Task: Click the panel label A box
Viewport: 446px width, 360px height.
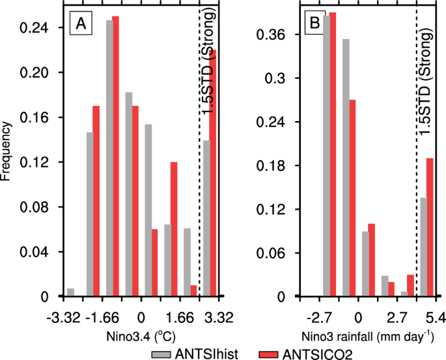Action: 81,24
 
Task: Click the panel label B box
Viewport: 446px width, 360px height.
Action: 314,24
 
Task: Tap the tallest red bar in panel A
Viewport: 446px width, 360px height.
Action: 115,156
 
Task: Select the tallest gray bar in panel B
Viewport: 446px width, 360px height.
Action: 327,156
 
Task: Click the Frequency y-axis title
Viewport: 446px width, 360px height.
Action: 8,150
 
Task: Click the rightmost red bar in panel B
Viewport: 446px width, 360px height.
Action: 430,227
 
